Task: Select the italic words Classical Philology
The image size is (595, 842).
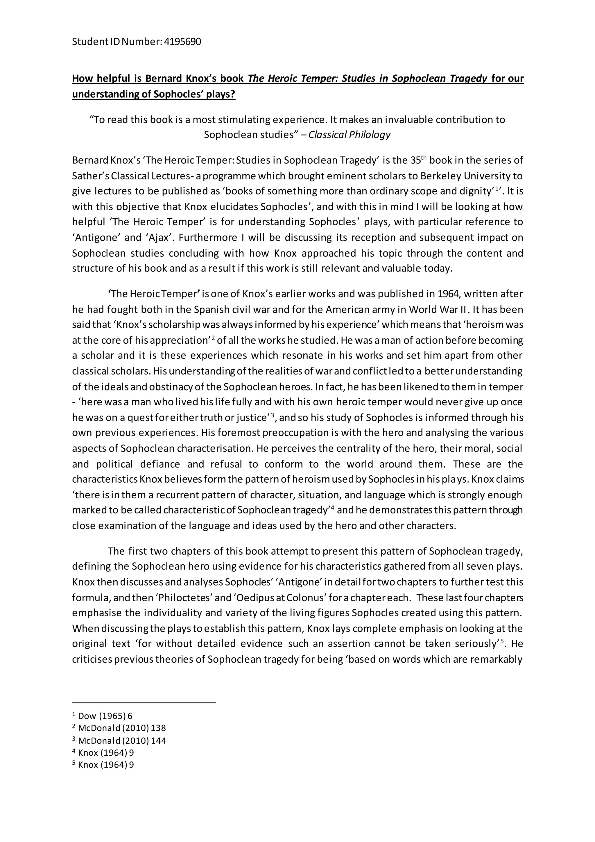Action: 349,135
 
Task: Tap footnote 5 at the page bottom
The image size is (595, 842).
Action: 103,765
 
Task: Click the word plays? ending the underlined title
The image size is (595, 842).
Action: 220,94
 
